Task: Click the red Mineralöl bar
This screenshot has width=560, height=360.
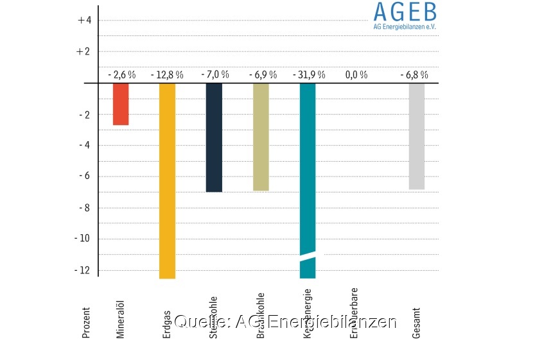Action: tap(121, 104)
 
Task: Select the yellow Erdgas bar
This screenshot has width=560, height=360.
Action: tap(167, 180)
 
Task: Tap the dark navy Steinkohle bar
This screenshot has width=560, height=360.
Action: tap(214, 137)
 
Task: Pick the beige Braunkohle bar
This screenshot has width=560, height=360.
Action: tap(261, 137)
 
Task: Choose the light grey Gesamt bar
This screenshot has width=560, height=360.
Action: tap(417, 136)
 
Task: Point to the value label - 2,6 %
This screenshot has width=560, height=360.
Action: tap(121, 74)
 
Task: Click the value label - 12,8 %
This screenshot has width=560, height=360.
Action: tap(167, 74)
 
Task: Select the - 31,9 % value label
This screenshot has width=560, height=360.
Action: tap(309, 74)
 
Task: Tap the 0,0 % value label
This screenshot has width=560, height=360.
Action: tap(356, 74)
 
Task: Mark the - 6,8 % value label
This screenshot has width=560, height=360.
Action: tap(414, 74)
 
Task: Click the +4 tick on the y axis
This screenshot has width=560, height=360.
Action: tap(84, 20)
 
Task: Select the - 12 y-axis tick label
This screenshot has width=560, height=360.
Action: tap(83, 270)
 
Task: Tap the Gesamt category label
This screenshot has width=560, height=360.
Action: tap(417, 322)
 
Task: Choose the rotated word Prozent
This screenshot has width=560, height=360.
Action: tap(86, 322)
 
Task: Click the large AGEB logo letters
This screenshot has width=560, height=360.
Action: tap(405, 12)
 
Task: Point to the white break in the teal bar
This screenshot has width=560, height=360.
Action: tap(308, 257)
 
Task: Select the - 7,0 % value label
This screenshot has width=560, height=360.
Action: tap(214, 74)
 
